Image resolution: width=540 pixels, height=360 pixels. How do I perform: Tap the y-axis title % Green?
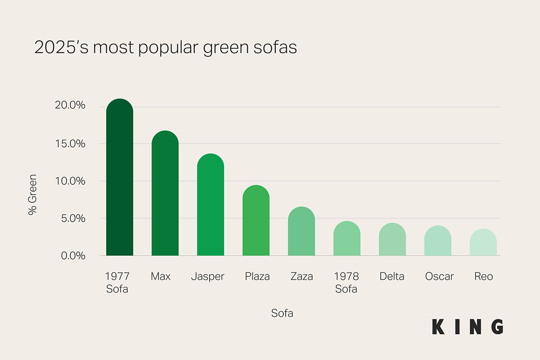[x=32, y=194]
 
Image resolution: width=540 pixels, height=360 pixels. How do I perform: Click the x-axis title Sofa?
[x=282, y=313]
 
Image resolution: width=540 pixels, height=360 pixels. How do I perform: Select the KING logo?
[x=468, y=326]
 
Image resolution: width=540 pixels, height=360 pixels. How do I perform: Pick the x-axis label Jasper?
[x=207, y=276]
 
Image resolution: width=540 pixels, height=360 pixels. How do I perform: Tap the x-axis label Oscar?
[x=439, y=276]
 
